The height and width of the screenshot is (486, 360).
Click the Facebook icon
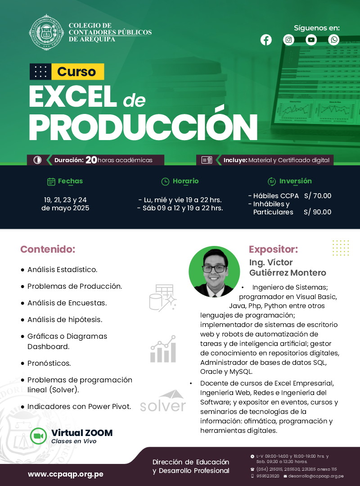click(x=266, y=40)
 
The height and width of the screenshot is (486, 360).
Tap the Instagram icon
click(x=288, y=40)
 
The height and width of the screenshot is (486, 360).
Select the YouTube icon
click(x=311, y=40)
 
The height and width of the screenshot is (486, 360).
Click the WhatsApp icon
click(x=334, y=40)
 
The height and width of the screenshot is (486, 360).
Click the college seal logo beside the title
click(x=46, y=32)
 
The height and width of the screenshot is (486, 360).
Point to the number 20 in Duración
click(x=91, y=160)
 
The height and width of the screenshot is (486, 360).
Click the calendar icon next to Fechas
click(x=51, y=182)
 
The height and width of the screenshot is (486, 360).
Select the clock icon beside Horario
click(x=165, y=182)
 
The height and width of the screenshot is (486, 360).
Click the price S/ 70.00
click(x=318, y=196)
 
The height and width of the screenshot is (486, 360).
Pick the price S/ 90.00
click(x=318, y=212)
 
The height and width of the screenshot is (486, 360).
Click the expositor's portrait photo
click(x=214, y=272)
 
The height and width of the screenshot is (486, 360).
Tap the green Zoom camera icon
click(x=38, y=436)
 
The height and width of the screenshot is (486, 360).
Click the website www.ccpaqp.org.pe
click(x=66, y=474)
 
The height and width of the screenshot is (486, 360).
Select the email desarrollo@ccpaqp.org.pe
click(x=316, y=476)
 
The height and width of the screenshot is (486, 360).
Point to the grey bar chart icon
click(x=163, y=349)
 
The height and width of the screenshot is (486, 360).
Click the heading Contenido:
click(x=48, y=249)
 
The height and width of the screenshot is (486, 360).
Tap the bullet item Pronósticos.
click(x=49, y=363)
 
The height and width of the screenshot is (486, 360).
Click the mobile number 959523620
click(x=268, y=476)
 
